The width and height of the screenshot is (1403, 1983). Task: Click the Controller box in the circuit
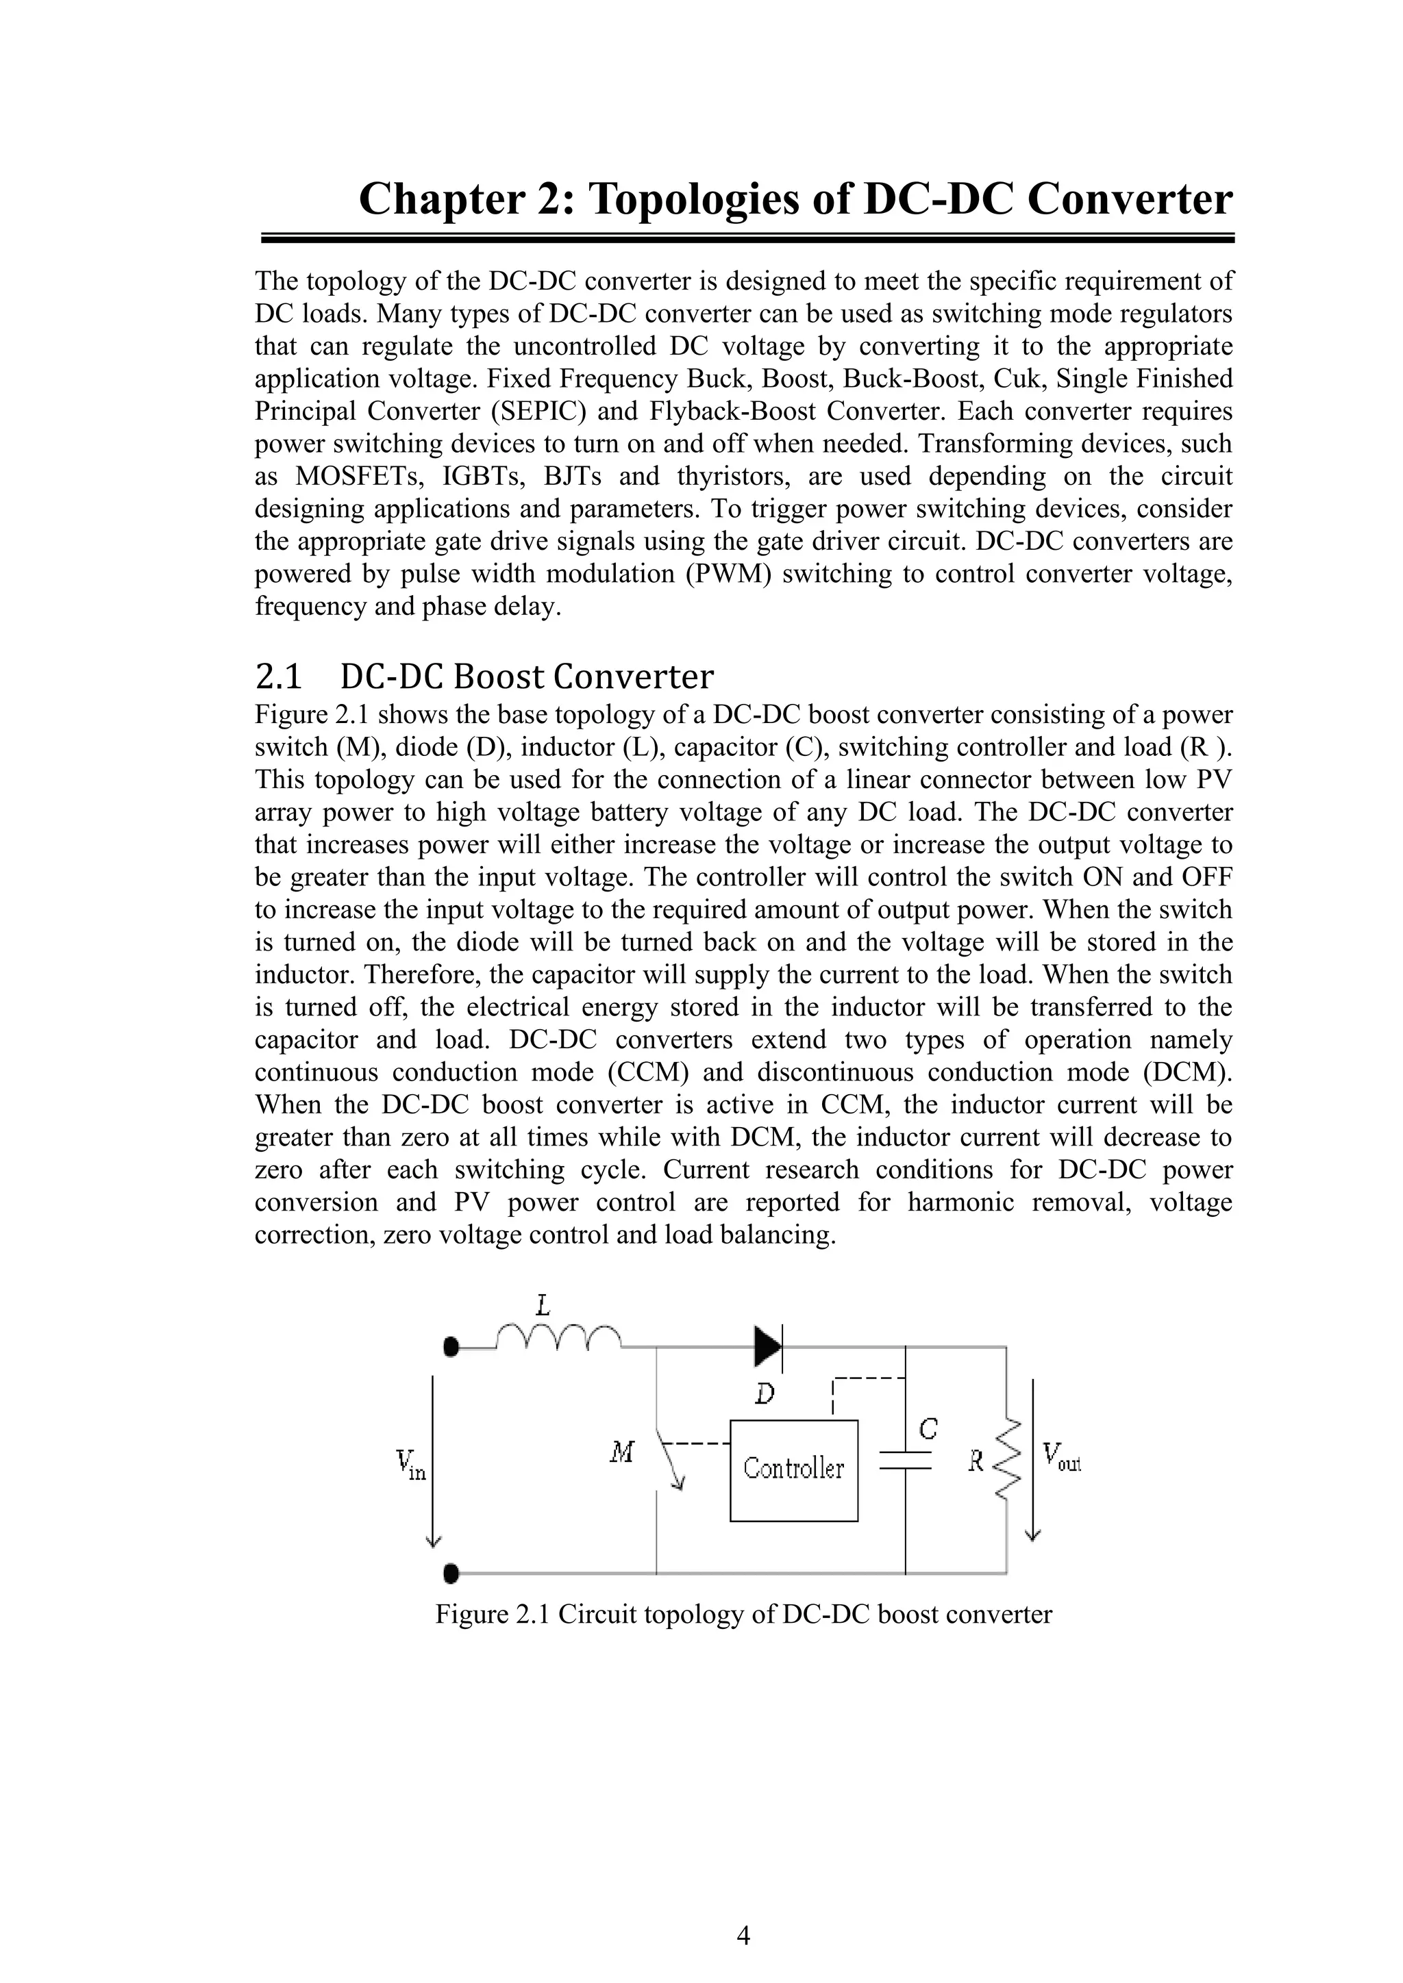793,1469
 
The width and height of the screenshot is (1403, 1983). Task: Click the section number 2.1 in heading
278,677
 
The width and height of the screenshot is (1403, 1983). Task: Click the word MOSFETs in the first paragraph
358,477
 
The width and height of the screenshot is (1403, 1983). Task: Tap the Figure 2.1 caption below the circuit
743,1614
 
